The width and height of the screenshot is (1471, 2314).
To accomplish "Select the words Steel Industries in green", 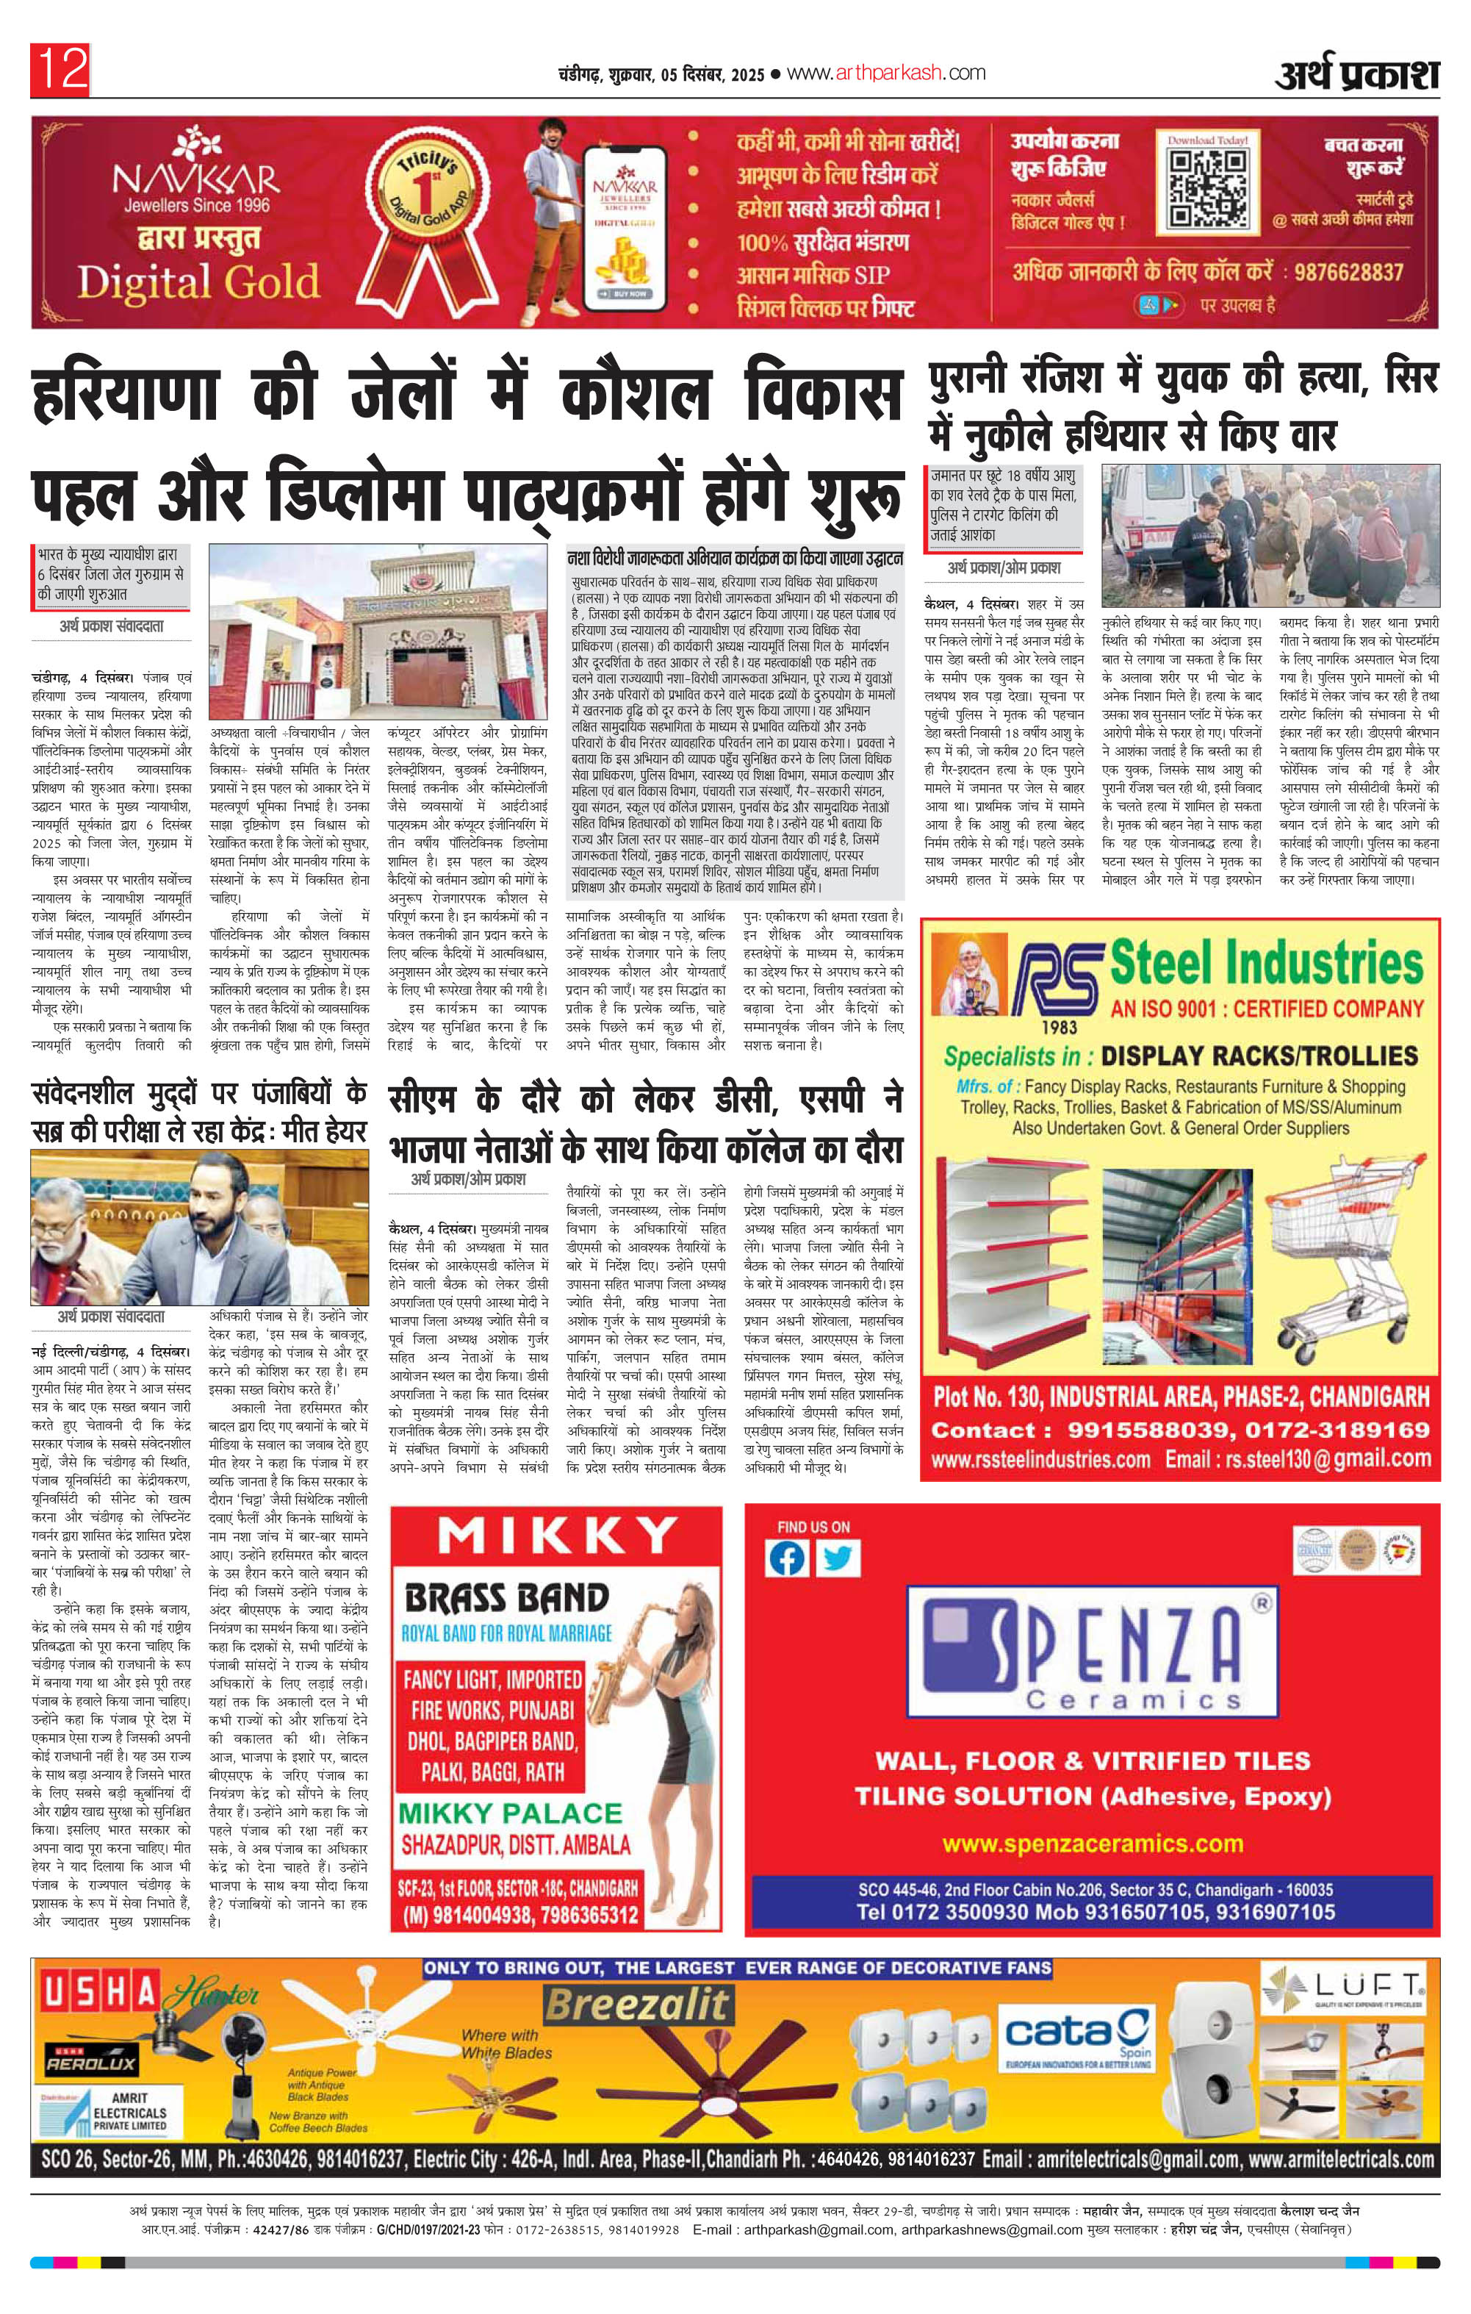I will [1265, 962].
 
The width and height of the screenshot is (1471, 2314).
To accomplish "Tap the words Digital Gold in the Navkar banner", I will [197, 281].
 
